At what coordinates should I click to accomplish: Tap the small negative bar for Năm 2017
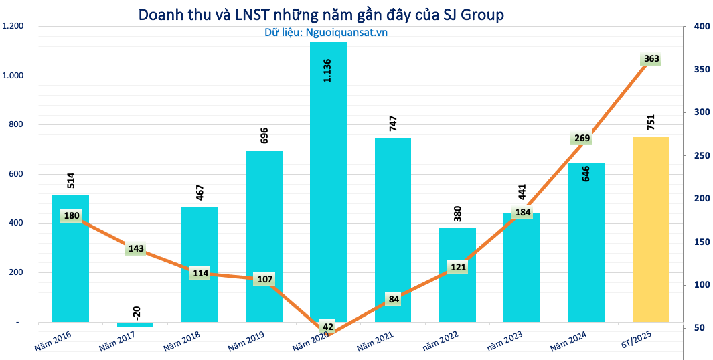135,325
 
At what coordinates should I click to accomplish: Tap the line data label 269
582,139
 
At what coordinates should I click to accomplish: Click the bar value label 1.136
327,70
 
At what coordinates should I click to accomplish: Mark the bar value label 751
650,123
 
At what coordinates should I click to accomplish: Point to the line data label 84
392,299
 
